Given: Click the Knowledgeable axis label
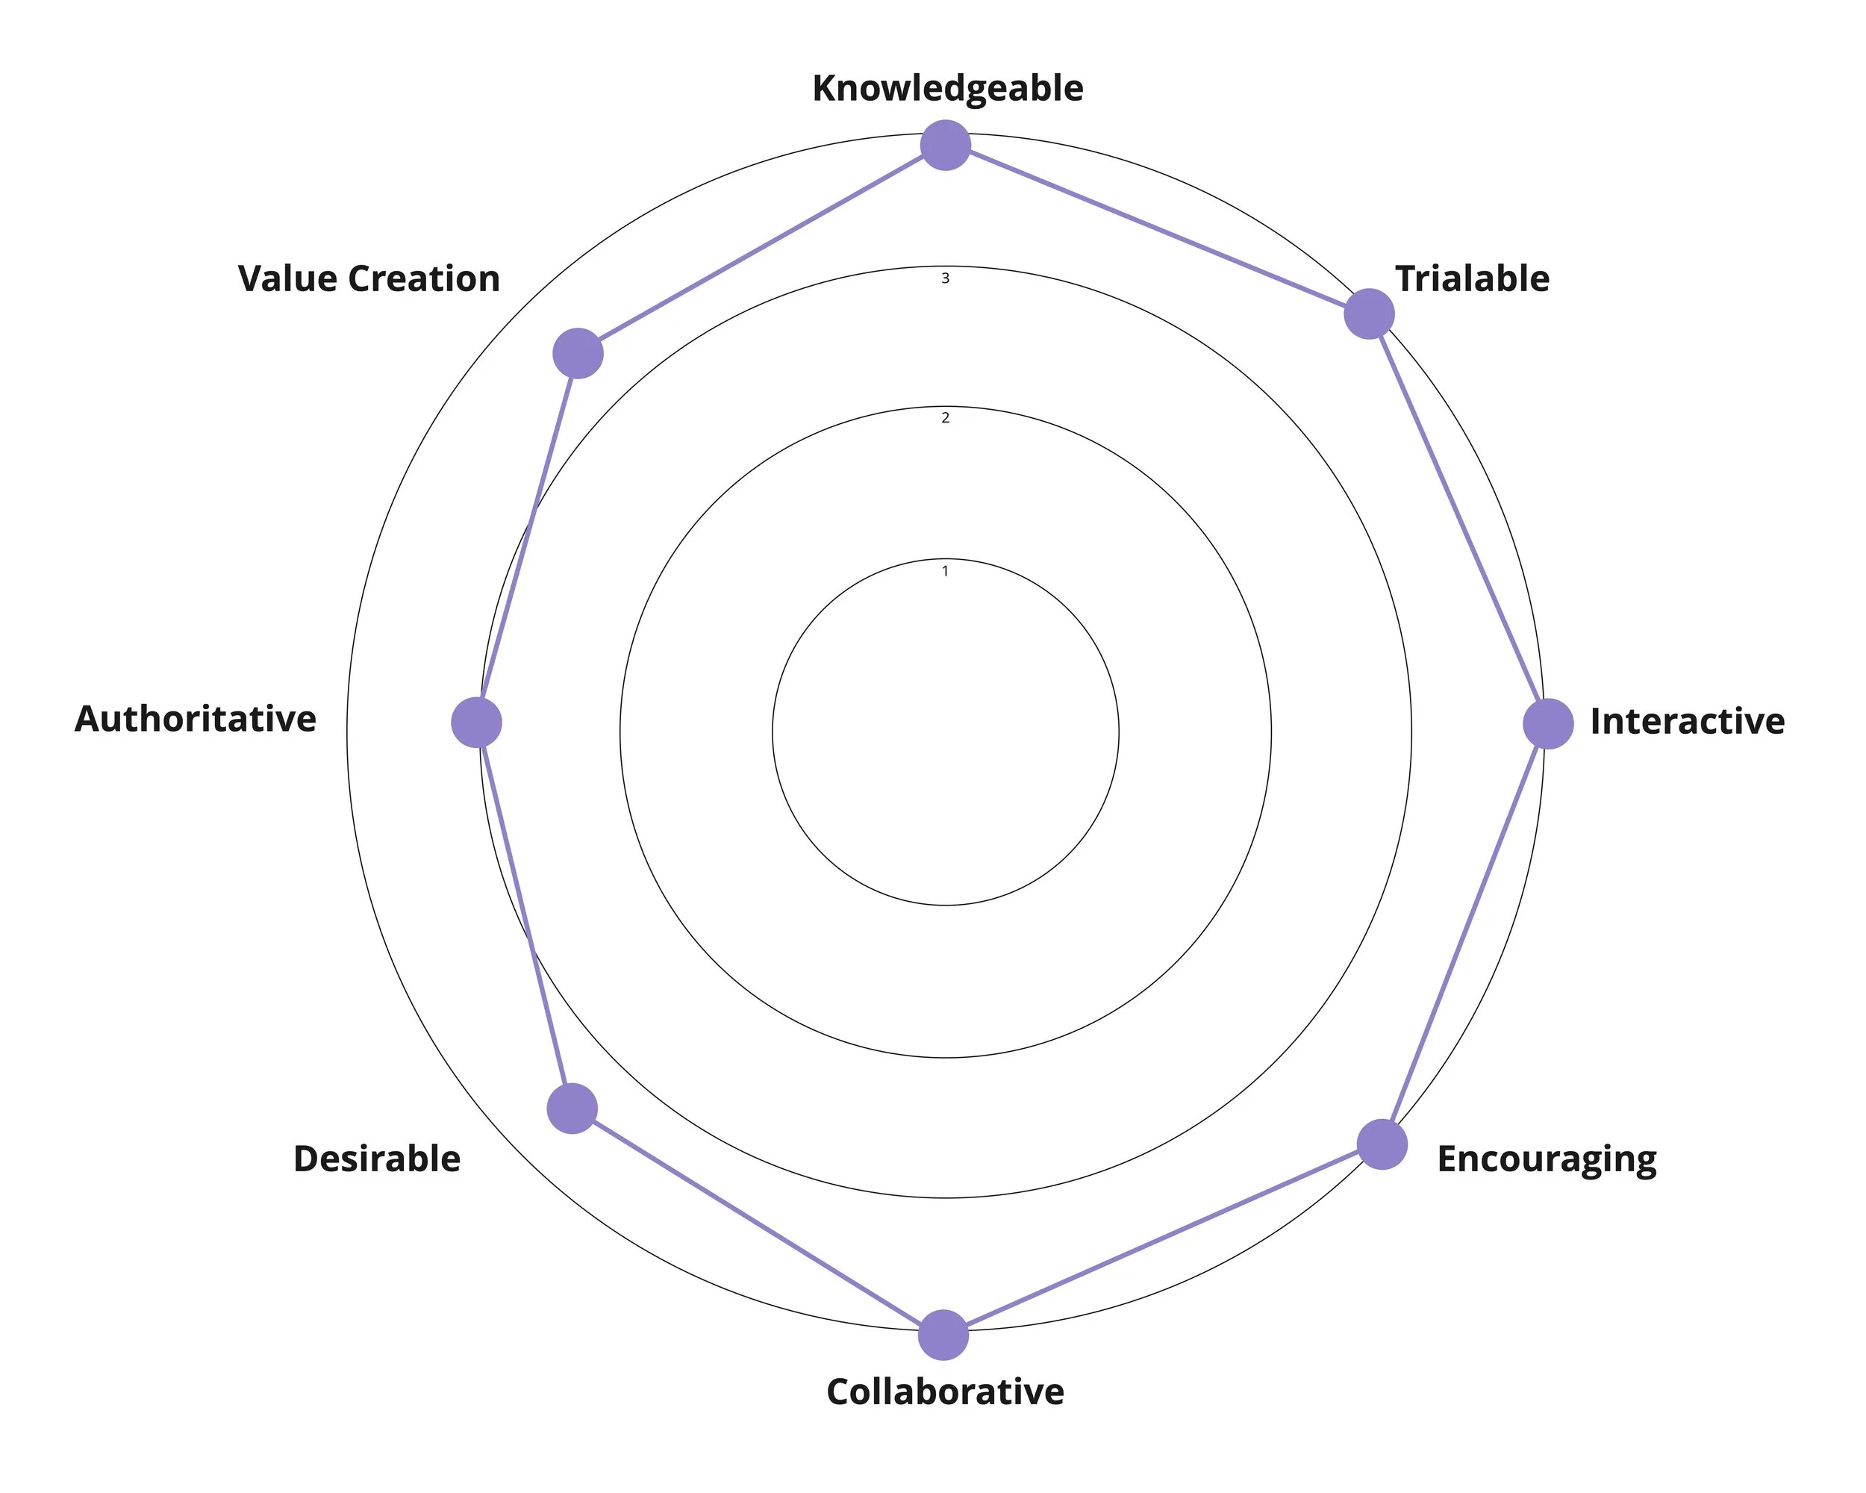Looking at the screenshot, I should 947,88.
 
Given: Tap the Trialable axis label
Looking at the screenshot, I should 1471,278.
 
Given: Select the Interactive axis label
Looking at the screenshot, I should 1687,721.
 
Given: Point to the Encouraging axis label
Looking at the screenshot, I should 1546,1159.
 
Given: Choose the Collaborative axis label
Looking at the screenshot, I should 945,1391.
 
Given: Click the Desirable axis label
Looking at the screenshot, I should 376,1159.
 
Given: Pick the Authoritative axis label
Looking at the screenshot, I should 196,719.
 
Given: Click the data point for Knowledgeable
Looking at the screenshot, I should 945,146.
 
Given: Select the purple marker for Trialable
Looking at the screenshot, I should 1368,314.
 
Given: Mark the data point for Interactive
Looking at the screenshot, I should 1547,723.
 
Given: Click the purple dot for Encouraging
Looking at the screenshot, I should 1382,1144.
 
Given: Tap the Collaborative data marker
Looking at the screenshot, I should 943,1335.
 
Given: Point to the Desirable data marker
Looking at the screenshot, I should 572,1108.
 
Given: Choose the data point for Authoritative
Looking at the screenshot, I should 477,722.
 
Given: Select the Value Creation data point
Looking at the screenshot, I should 577,353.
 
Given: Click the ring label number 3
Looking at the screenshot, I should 945,278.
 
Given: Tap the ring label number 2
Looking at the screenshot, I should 945,418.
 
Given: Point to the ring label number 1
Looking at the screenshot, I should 945,571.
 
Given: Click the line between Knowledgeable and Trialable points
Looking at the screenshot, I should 1156,229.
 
